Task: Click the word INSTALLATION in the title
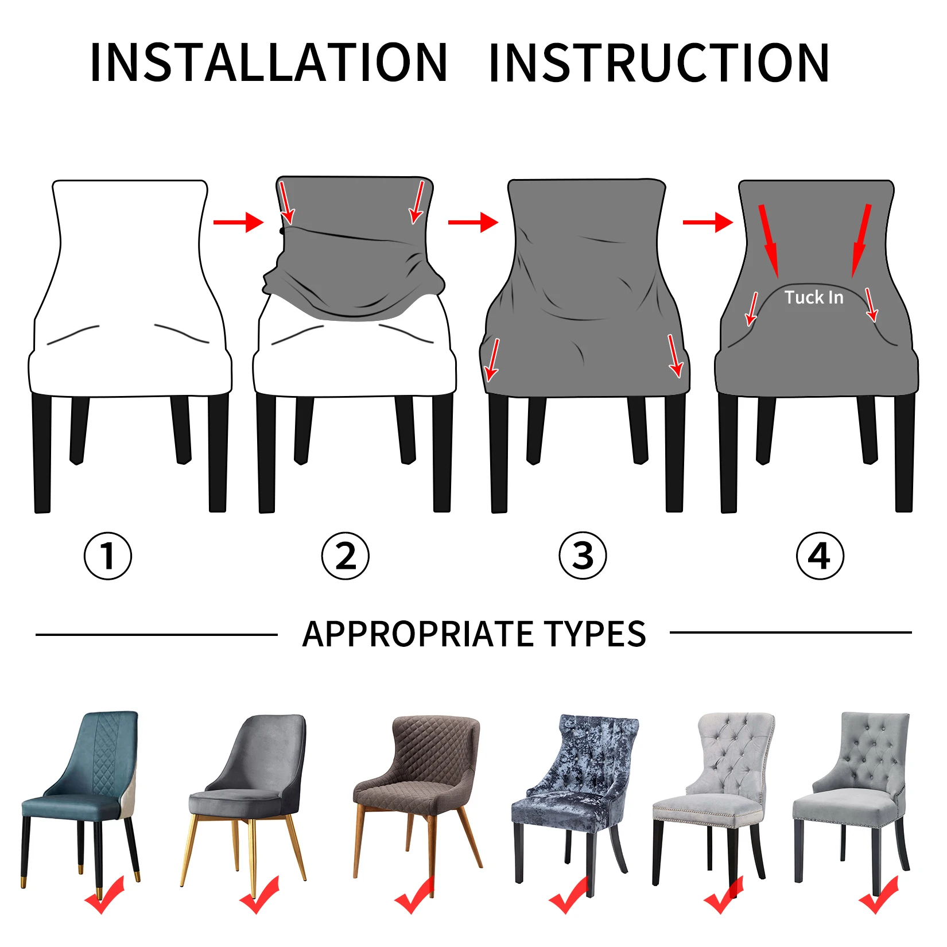tap(269, 63)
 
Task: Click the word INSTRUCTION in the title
tap(659, 63)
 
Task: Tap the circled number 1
tap(108, 556)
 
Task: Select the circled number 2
tap(345, 556)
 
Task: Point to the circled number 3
tap(583, 556)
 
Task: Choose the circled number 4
tap(820, 556)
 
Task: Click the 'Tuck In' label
tap(814, 297)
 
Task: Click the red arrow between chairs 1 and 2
tap(238, 222)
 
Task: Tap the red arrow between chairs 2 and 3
tap(473, 222)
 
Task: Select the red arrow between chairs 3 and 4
tap(708, 222)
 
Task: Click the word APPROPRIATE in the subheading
tap(418, 634)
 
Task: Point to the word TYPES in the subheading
tap(595, 634)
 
